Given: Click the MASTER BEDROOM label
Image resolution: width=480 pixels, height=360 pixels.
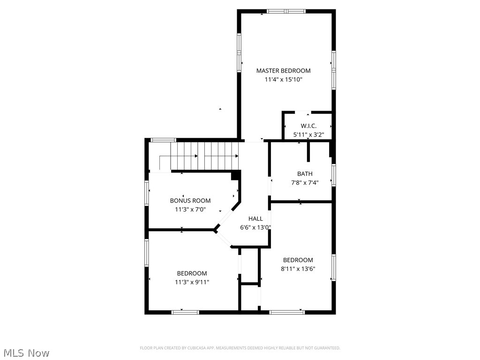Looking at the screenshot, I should tap(283, 71).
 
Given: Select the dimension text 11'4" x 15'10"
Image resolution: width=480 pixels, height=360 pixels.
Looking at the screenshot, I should tap(283, 80).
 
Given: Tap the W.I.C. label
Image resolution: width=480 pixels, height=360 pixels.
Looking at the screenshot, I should tap(308, 126).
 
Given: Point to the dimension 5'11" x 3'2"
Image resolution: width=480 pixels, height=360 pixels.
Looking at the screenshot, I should tap(308, 135).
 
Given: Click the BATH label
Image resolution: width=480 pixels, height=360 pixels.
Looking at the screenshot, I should tap(305, 174).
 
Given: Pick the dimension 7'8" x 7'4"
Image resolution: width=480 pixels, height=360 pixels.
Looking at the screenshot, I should tap(305, 183).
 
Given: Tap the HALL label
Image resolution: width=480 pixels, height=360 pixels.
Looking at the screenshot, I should tap(255, 218).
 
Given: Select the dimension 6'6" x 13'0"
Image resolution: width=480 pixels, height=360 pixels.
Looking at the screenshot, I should tap(255, 227).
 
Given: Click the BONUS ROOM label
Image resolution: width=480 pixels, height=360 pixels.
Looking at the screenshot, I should tap(190, 201).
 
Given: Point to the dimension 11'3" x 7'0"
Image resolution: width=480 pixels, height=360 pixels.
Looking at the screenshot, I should tap(190, 210).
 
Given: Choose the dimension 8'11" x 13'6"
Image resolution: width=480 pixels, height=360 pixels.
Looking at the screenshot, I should tap(298, 269).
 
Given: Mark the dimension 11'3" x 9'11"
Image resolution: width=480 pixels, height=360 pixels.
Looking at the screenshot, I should tap(192, 282).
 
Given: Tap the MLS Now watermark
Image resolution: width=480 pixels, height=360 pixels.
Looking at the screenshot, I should tap(26, 352).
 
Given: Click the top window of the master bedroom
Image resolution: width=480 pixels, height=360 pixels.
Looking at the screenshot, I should tap(286, 11).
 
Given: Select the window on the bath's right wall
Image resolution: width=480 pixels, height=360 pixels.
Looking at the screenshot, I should tap(333, 174).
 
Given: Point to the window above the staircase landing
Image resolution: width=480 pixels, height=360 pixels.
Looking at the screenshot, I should tap(163, 140).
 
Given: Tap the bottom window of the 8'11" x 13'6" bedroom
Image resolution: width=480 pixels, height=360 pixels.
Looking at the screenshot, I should tap(287, 312).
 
